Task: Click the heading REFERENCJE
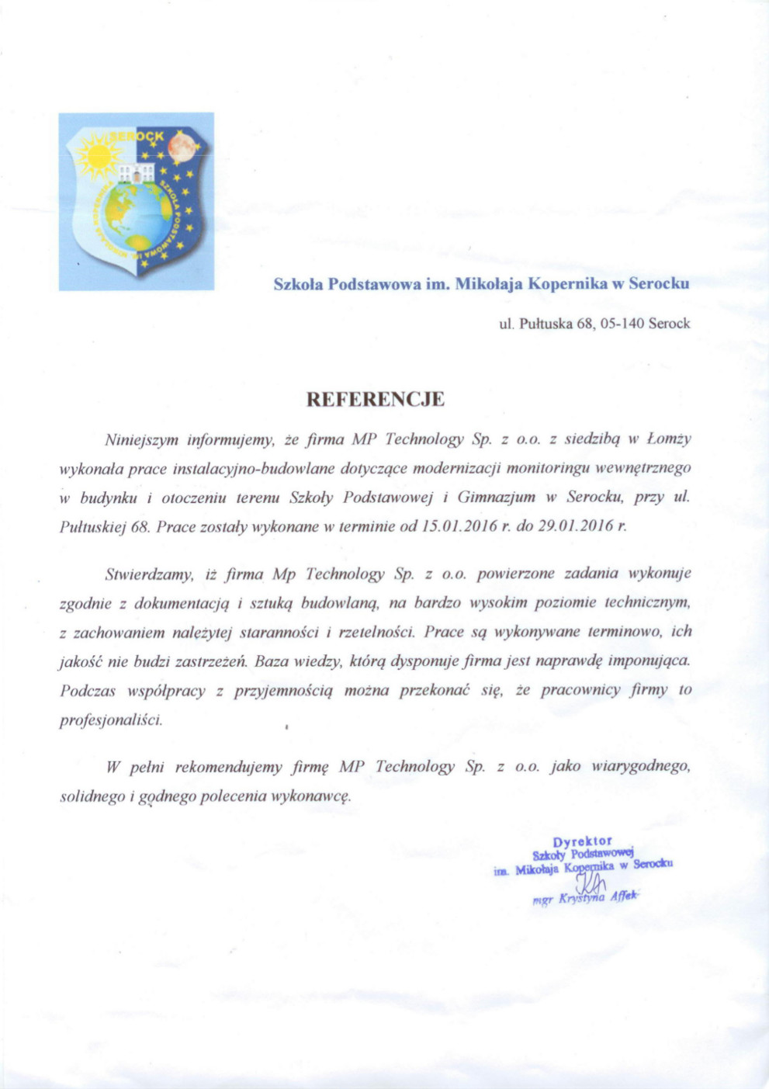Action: pyautogui.click(x=376, y=400)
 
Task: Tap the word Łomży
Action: pyautogui.click(x=669, y=439)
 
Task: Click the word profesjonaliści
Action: pyautogui.click(x=111, y=720)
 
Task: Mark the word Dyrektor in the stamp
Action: pyautogui.click(x=583, y=841)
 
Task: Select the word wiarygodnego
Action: pyautogui.click(x=641, y=767)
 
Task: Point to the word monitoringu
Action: pyautogui.click(x=545, y=468)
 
